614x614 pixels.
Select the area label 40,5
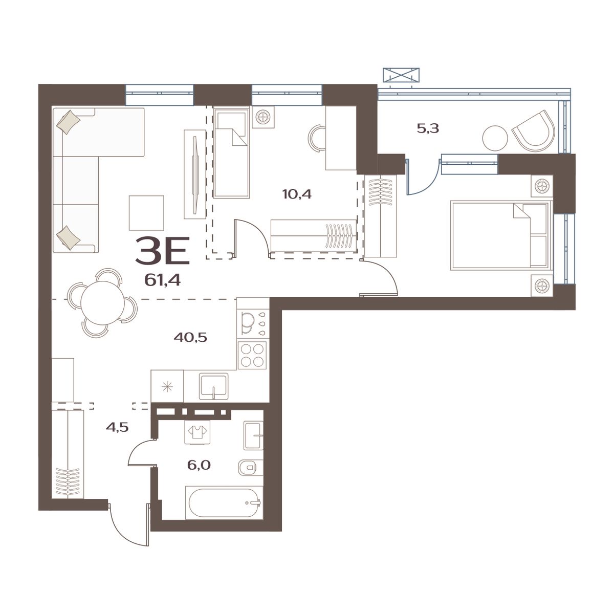pyautogui.click(x=190, y=337)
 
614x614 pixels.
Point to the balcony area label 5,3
pyautogui.click(x=428, y=128)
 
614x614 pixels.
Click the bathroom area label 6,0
pyautogui.click(x=200, y=465)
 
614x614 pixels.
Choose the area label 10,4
pyautogui.click(x=297, y=194)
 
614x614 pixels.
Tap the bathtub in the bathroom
pyautogui.click(x=223, y=503)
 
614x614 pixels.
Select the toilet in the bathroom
pyautogui.click(x=250, y=467)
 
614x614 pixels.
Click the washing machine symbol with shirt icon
pyautogui.click(x=195, y=433)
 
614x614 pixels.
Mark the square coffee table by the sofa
pyautogui.click(x=146, y=213)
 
